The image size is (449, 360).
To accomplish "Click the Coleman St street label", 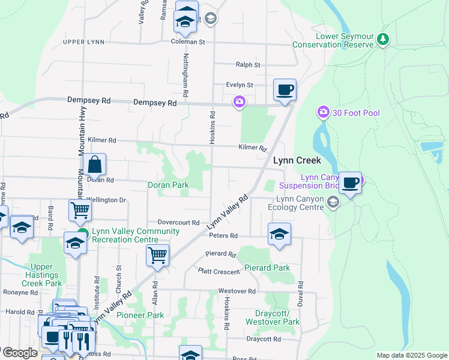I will (x=188, y=42).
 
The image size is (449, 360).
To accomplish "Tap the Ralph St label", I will (x=248, y=64).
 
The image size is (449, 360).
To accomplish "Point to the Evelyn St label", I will (x=240, y=85).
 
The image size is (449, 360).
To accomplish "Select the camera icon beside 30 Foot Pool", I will (x=324, y=112).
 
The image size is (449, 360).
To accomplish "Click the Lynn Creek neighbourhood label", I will (x=297, y=161).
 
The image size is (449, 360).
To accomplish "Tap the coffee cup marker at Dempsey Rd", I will (x=285, y=90).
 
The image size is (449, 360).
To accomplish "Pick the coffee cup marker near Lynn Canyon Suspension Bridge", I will (x=350, y=182).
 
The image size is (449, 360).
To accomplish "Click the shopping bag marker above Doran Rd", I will (x=94, y=164).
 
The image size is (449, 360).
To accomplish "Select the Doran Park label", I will (x=169, y=185).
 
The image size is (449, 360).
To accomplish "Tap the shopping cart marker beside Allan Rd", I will (x=157, y=255).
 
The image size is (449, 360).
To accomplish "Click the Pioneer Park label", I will (x=140, y=315).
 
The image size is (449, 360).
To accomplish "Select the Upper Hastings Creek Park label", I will (x=46, y=275).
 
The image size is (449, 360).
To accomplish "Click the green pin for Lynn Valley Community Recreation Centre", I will (x=83, y=235).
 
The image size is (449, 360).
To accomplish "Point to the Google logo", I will (x=19, y=353).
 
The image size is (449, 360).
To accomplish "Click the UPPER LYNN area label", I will (x=83, y=42).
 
